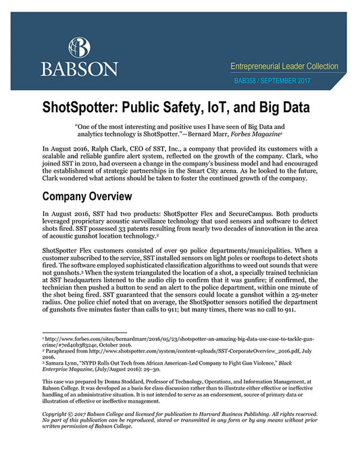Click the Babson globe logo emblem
80,47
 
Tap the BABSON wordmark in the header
80,69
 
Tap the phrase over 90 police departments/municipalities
205,251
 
